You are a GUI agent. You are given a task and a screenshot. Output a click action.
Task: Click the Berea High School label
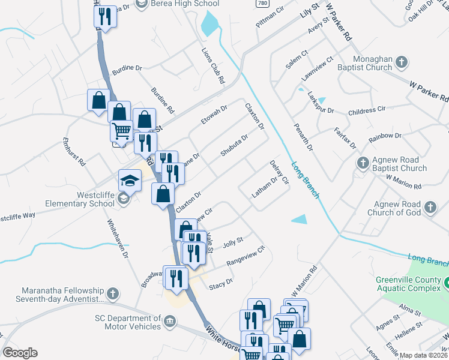tap(185, 4)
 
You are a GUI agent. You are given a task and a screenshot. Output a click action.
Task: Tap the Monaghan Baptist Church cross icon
tap(402, 61)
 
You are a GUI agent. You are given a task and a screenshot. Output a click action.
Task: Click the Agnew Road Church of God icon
tap(430, 208)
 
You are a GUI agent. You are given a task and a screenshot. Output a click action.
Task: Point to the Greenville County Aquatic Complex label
tap(409, 284)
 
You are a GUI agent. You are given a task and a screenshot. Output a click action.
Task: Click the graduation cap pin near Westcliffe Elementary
tap(130, 180)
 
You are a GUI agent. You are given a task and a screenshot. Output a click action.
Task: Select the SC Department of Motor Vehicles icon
tap(169, 322)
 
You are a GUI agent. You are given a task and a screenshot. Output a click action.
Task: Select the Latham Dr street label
tap(264, 186)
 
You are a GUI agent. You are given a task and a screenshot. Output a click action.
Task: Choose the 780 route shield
tap(261, 4)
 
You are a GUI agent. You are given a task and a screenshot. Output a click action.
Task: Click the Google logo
tap(20, 353)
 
